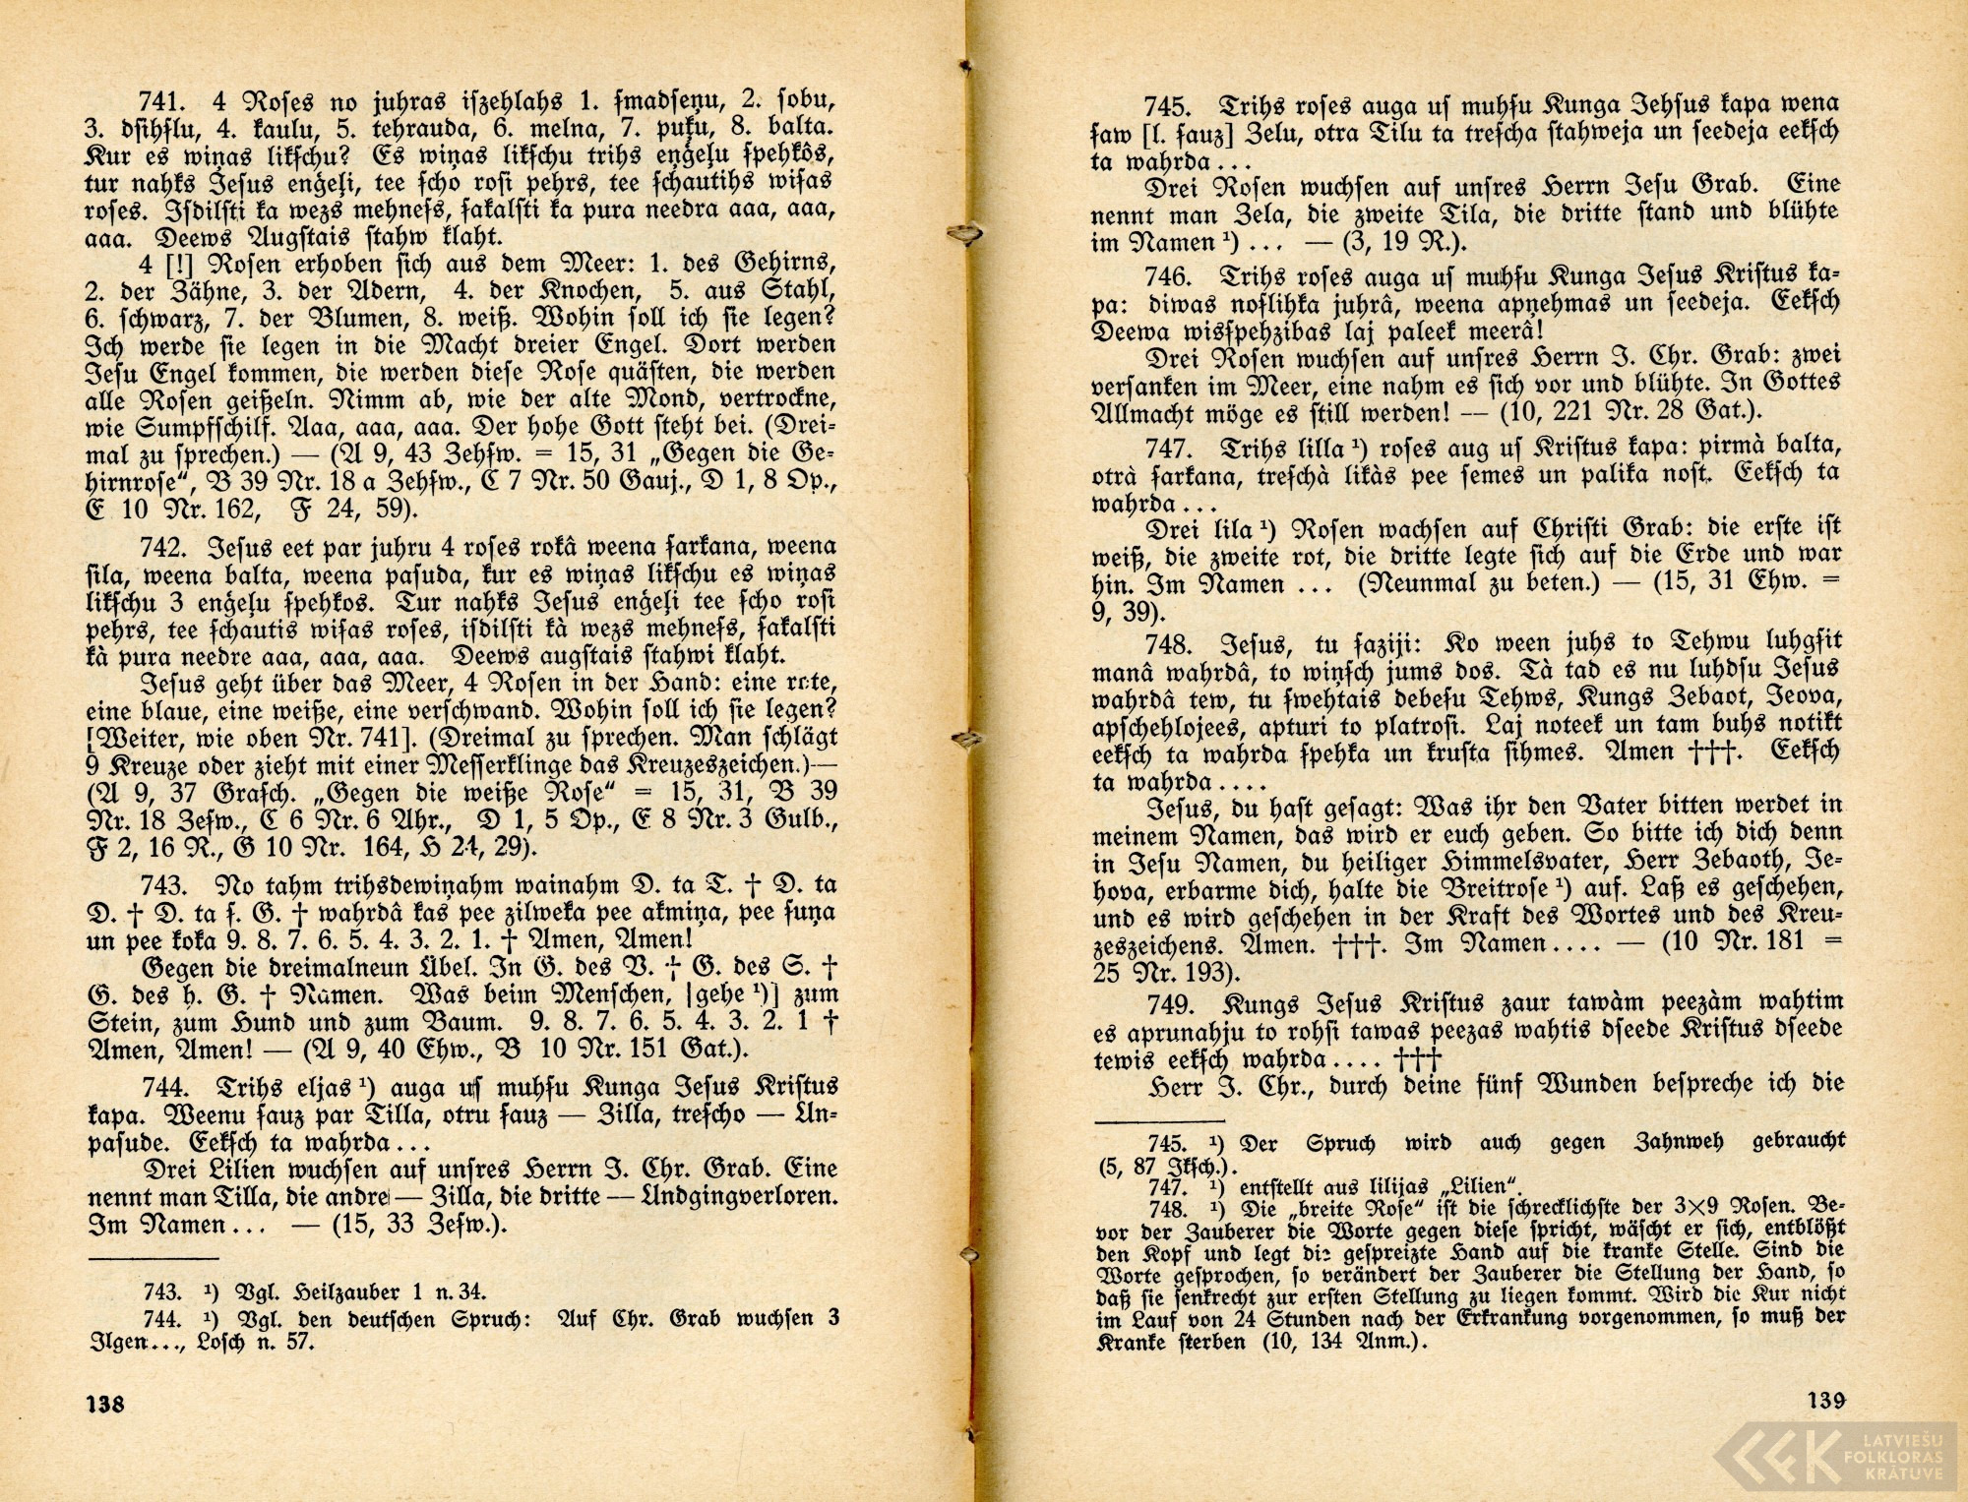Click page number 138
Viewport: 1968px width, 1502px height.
pos(105,1404)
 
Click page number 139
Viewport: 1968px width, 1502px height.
pos(1825,1400)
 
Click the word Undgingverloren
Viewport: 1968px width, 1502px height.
pos(753,1199)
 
